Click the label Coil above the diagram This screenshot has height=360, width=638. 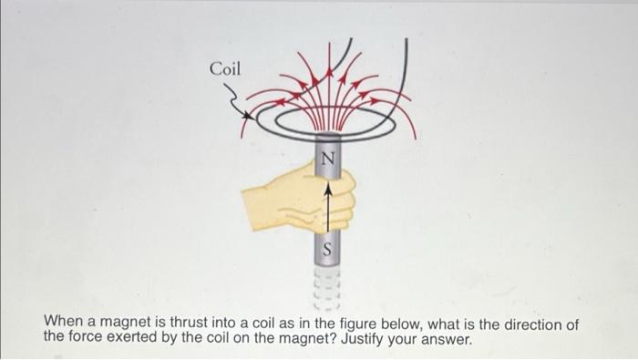click(225, 68)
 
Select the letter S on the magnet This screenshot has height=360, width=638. click(328, 247)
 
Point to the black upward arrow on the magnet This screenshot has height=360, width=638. click(328, 205)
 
